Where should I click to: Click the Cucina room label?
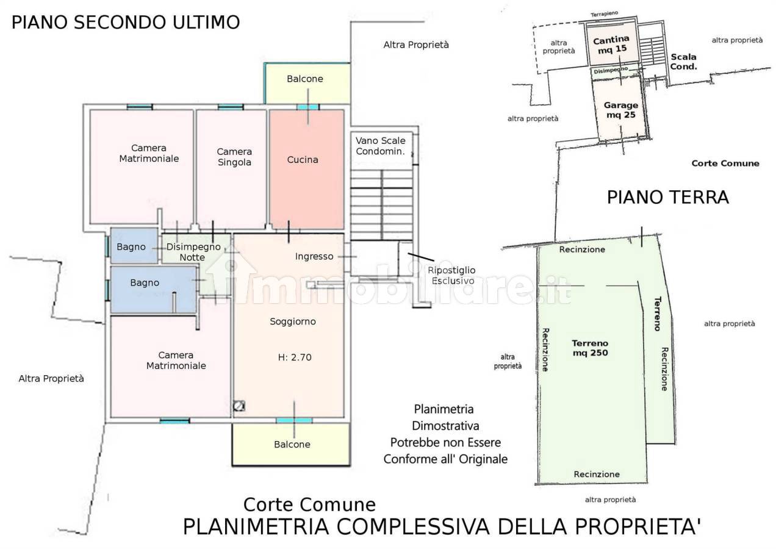click(x=303, y=160)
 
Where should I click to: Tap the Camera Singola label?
click(x=234, y=157)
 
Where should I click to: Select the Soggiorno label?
click(x=293, y=322)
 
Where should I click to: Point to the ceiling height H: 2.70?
click(x=295, y=357)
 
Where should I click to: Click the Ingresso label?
click(x=314, y=257)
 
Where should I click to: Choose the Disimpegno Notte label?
click(x=193, y=252)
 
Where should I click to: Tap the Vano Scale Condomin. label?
click(x=381, y=146)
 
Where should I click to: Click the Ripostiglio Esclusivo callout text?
click(x=451, y=275)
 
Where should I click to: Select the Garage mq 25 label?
click(x=621, y=110)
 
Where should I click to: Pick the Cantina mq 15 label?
click(x=611, y=45)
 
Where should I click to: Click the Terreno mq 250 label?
click(x=590, y=348)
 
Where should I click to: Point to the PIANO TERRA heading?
click(x=668, y=198)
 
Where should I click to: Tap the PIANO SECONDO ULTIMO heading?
click(x=126, y=22)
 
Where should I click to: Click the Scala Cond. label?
click(x=683, y=62)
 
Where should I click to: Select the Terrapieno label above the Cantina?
click(x=604, y=14)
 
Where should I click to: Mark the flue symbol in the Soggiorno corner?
click(x=239, y=406)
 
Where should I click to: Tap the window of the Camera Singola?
click(x=231, y=107)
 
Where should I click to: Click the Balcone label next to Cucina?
click(x=305, y=79)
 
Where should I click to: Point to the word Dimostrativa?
click(x=445, y=426)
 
